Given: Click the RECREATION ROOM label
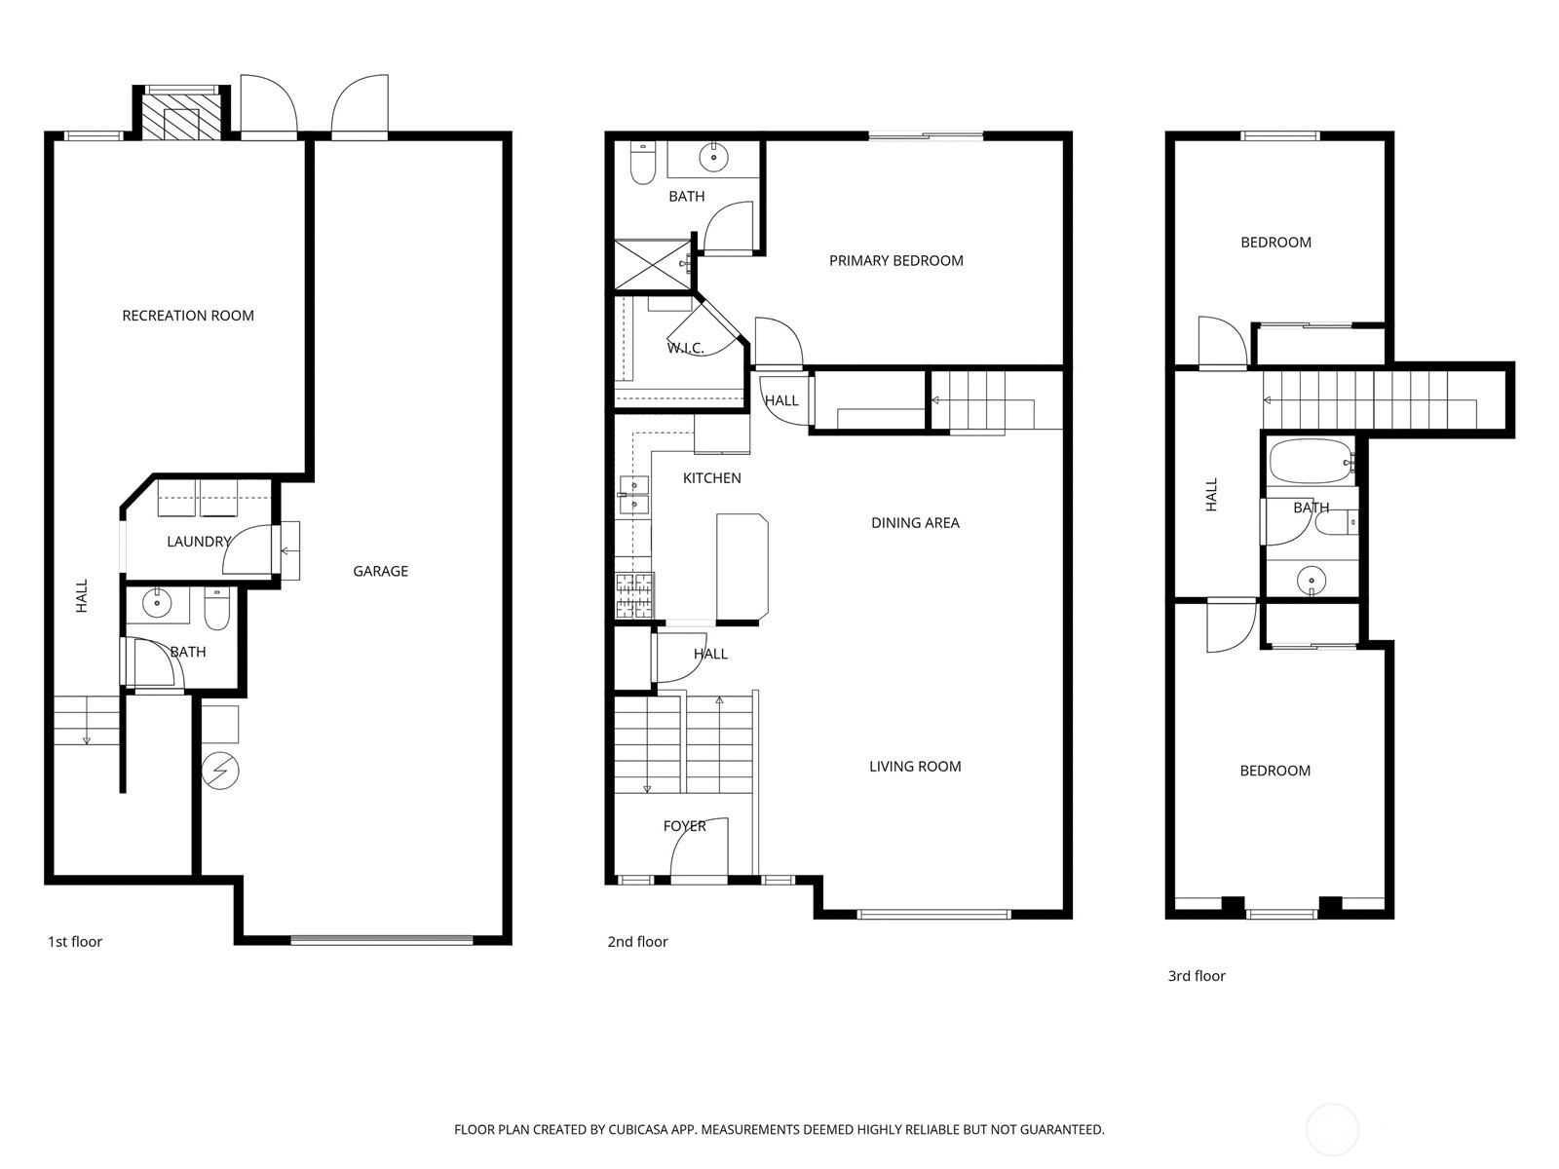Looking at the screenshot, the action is point(188,316).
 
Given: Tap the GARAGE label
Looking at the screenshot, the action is point(381,572).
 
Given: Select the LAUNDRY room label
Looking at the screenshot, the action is point(199,543).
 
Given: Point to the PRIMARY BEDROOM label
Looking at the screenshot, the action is point(896,261).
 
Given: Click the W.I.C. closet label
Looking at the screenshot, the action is point(685,349).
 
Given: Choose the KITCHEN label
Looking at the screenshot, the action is point(711,478).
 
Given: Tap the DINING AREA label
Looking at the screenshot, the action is point(916,523).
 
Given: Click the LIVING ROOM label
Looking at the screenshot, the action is point(916,767).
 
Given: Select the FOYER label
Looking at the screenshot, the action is point(685,826).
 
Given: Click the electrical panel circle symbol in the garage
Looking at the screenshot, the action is point(220,771).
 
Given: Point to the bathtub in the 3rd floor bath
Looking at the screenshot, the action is point(1311,462).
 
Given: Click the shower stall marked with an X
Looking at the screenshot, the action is point(652,264).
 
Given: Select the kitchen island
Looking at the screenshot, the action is point(742,568).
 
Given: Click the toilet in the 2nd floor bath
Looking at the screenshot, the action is point(643,164).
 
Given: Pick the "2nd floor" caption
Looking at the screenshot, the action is point(638,942).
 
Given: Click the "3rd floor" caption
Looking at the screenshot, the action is point(1197,976).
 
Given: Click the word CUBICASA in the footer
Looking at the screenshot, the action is point(638,1130).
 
